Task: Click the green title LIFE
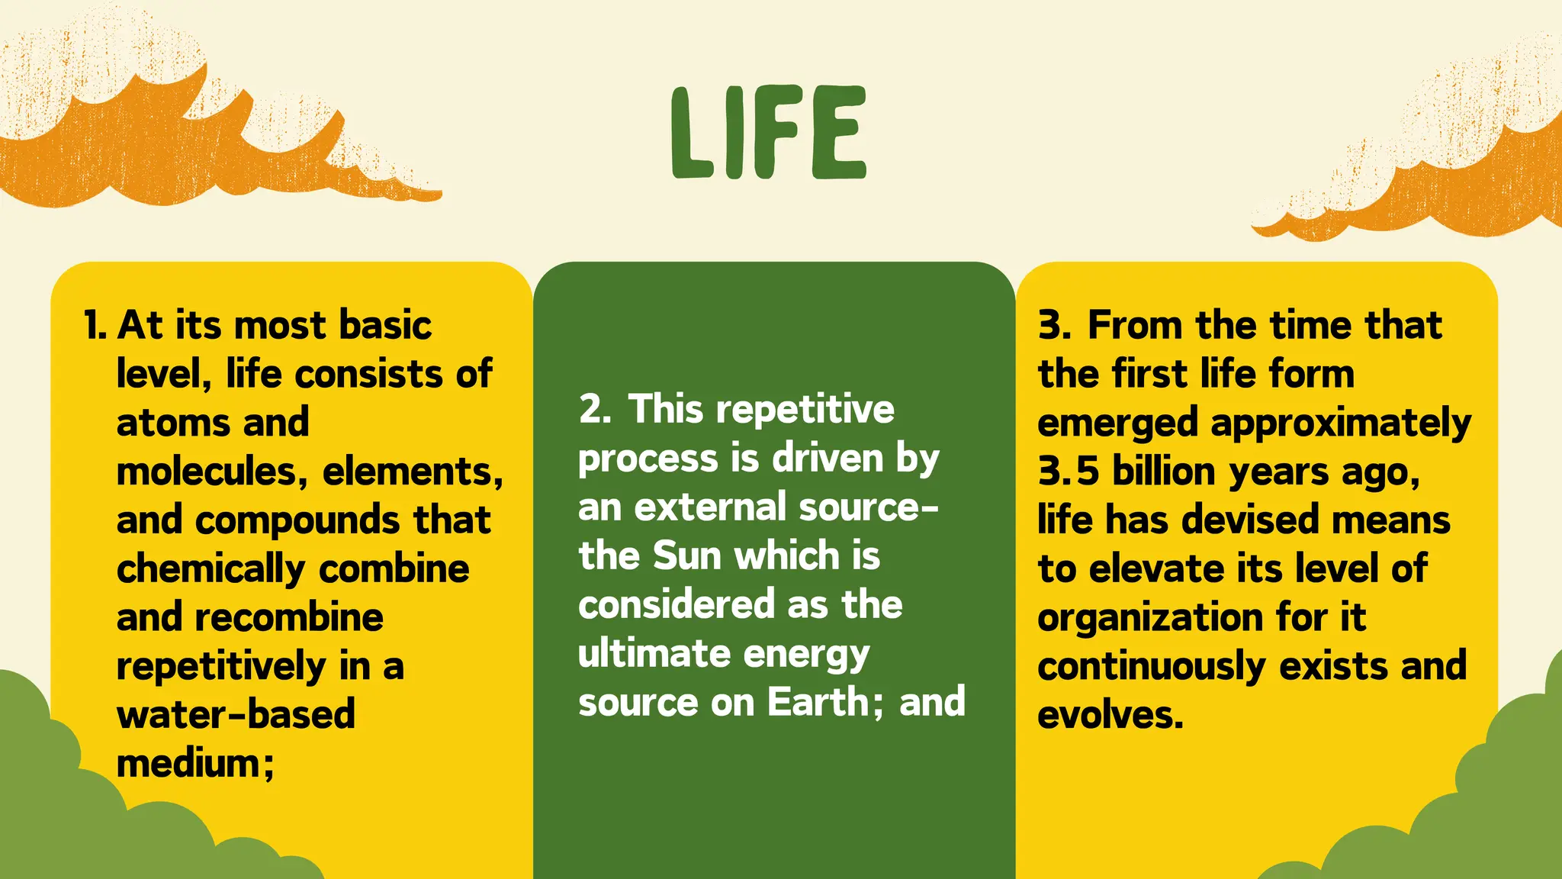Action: click(769, 134)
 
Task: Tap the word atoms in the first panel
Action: click(175, 423)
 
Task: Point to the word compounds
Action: click(298, 520)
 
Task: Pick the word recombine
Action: click(289, 617)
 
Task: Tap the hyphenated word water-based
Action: click(236, 715)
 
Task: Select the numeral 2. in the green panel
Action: click(594, 409)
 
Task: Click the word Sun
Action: click(687, 555)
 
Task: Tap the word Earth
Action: click(817, 702)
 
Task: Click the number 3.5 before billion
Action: click(1068, 472)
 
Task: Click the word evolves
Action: click(1110, 716)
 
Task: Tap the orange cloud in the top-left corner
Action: click(153, 145)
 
